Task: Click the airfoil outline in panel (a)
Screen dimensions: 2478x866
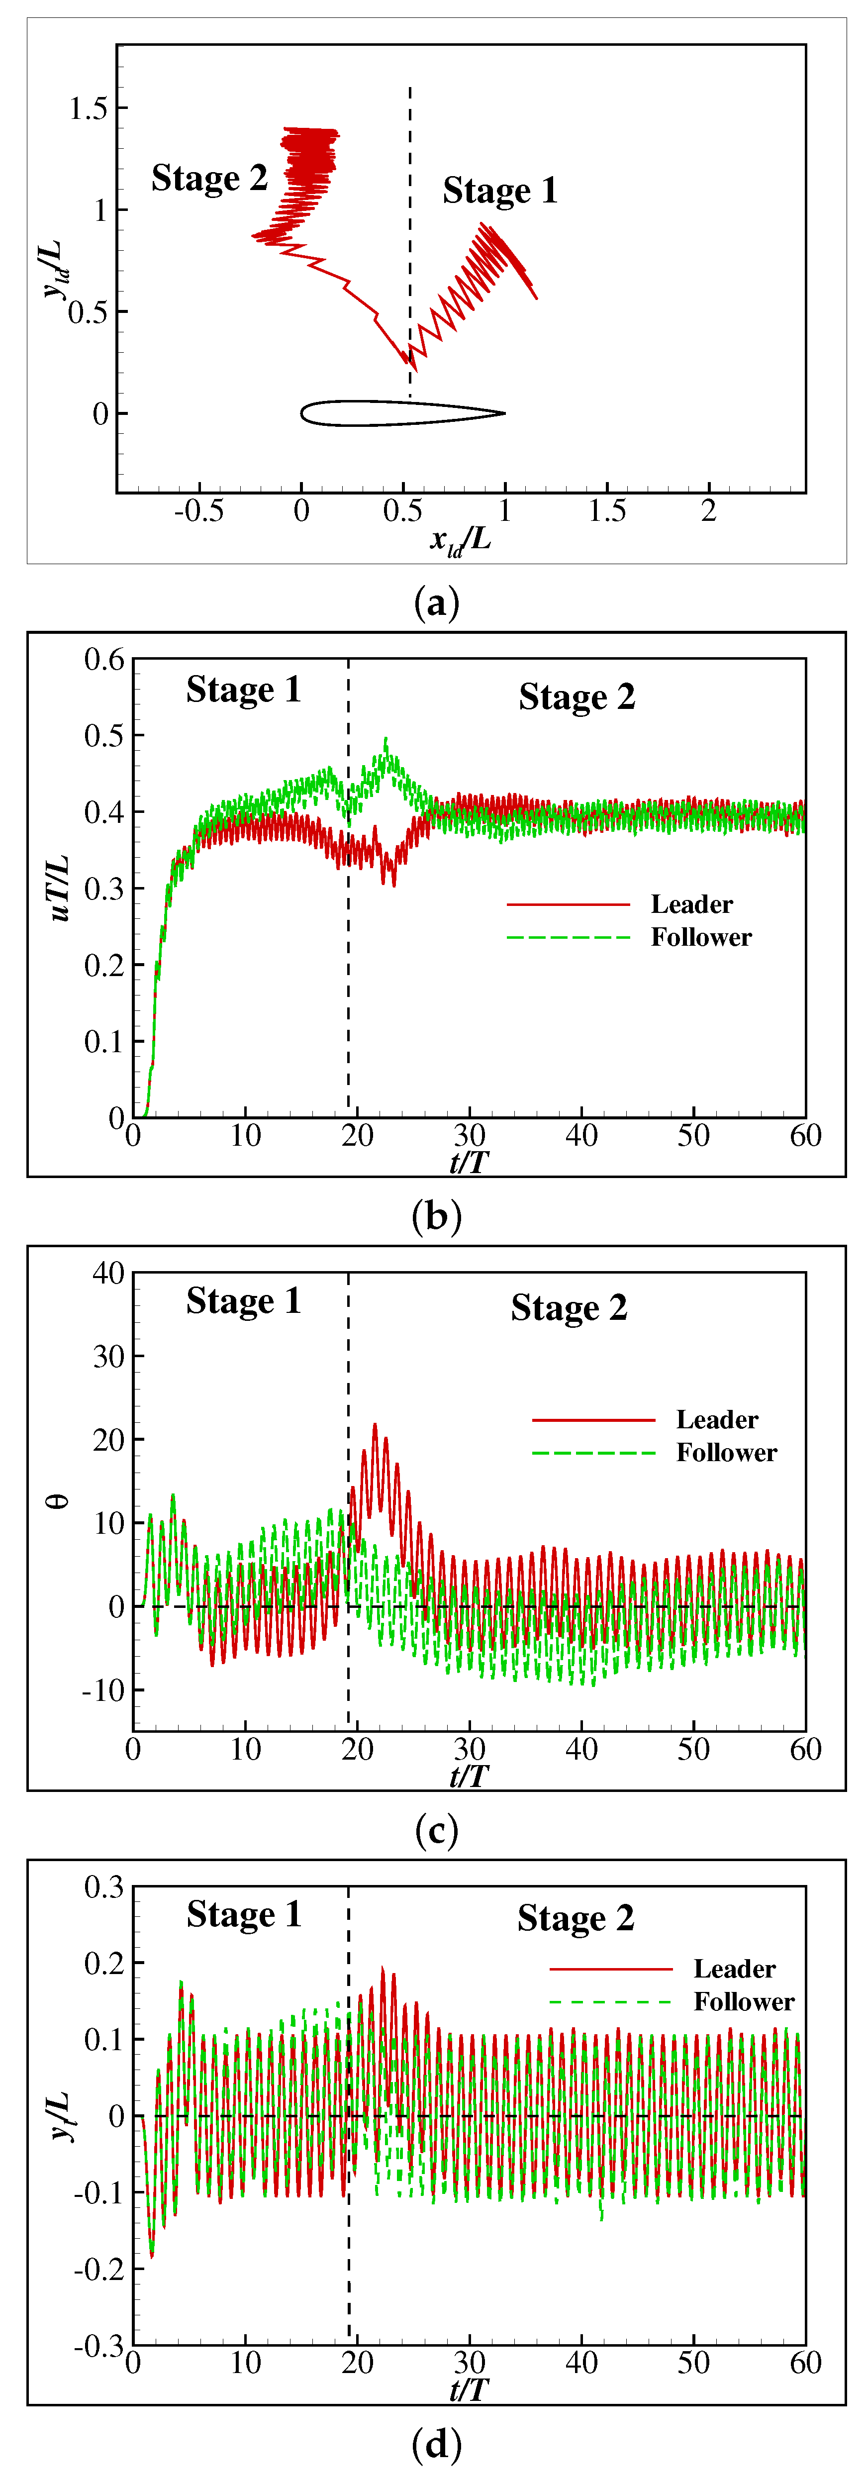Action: [402, 413]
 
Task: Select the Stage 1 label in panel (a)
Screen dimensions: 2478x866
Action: [499, 191]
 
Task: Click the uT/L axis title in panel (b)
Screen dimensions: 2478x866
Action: [60, 887]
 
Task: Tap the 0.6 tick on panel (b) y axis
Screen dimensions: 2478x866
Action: [104, 660]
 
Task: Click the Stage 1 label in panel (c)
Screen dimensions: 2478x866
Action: [243, 1301]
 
